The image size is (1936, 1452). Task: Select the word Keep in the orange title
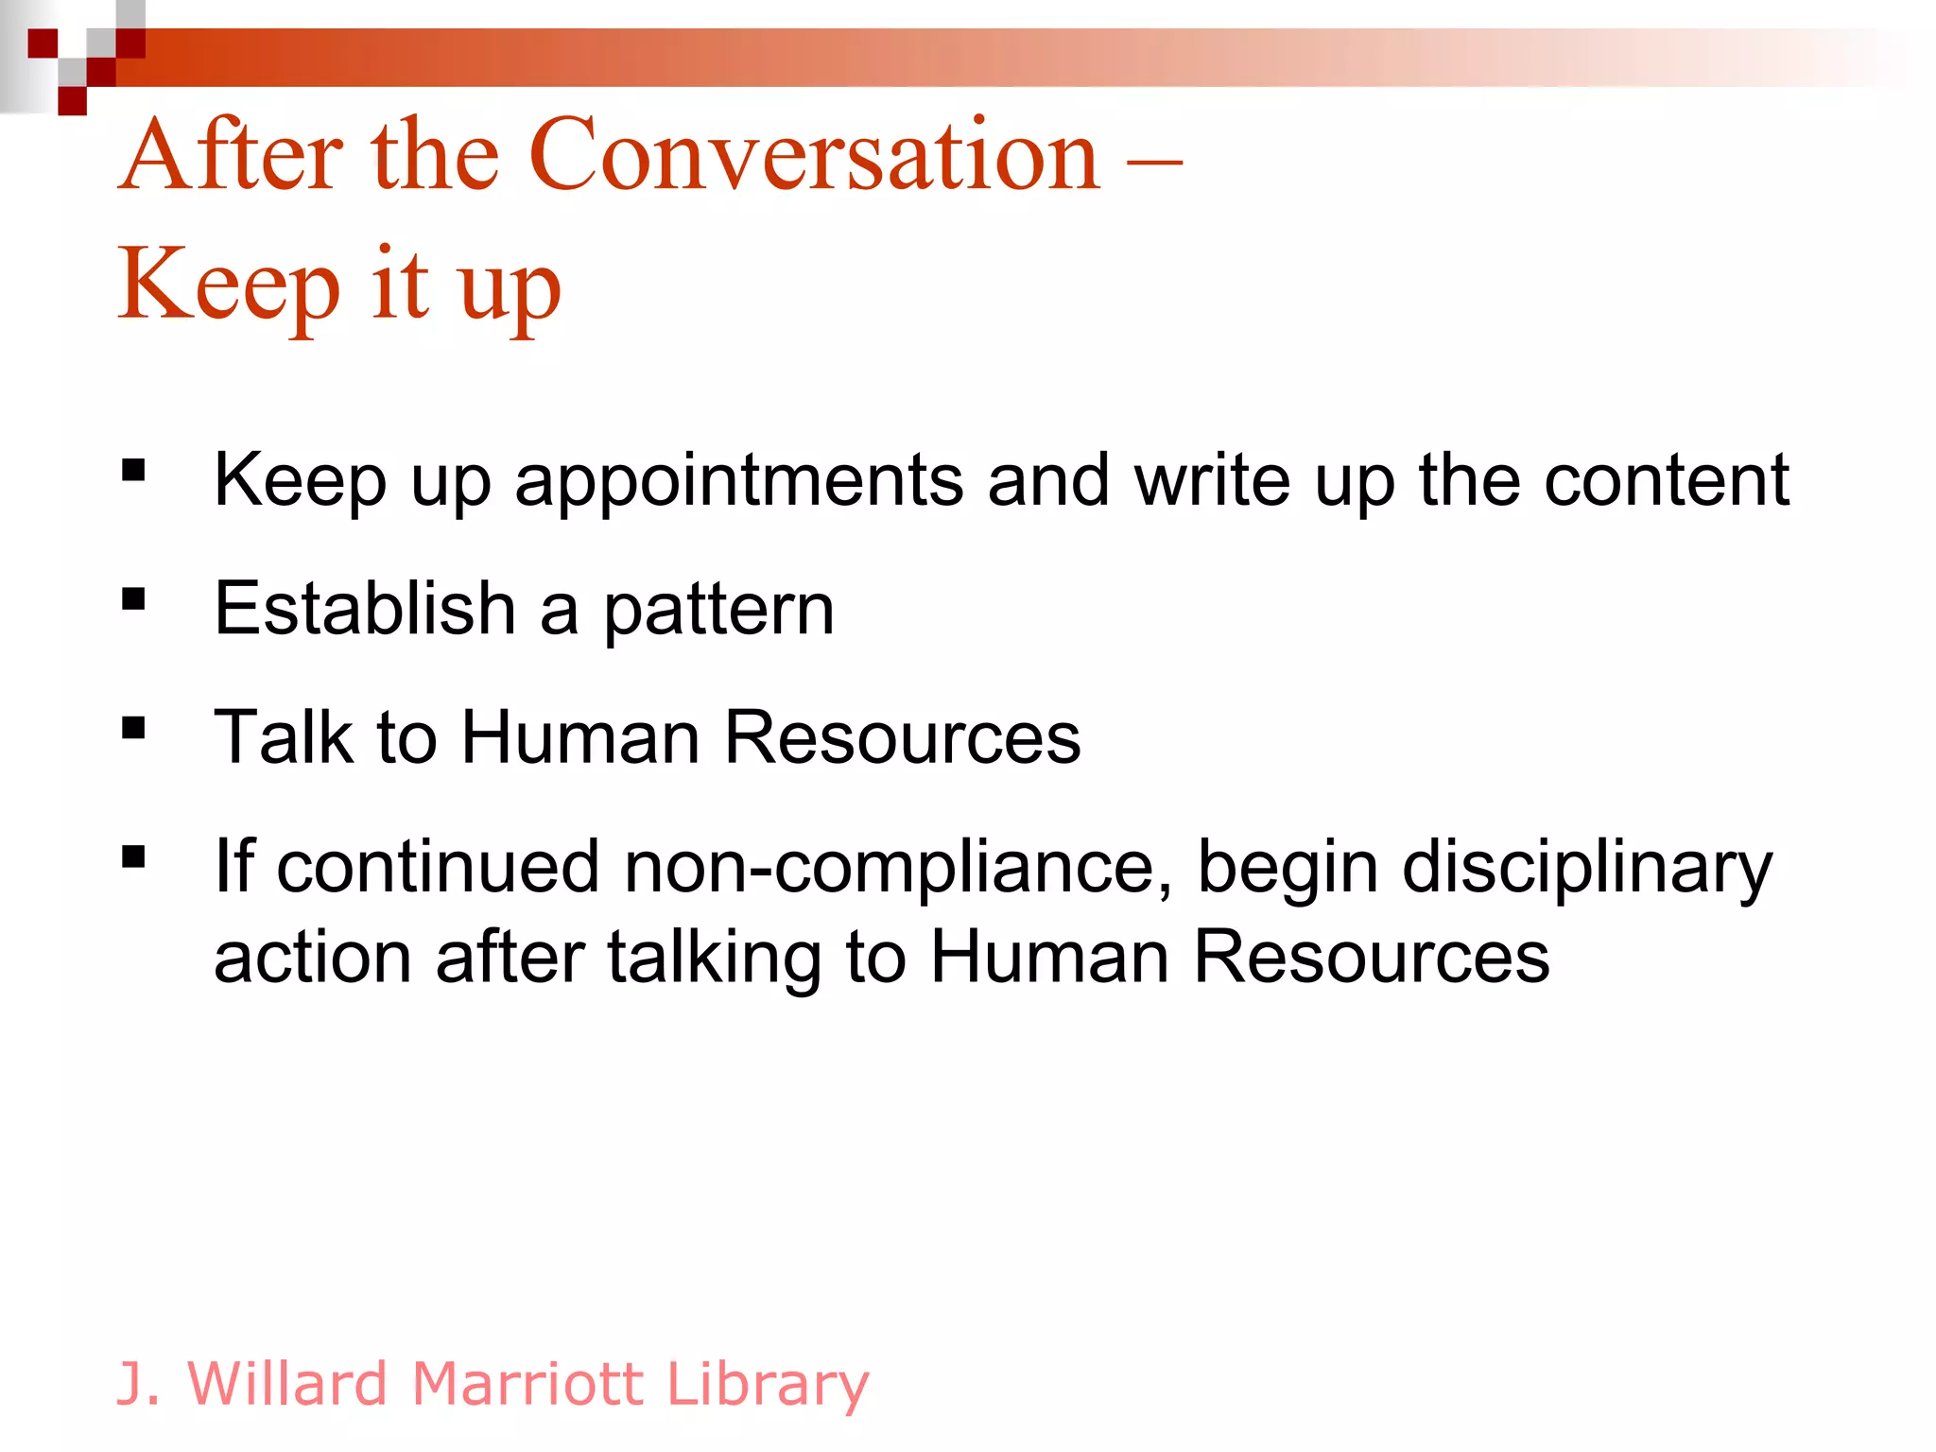228,284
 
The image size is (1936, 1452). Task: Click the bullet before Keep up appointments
133,471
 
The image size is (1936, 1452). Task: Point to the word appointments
739,481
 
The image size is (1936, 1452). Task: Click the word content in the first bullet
1666,481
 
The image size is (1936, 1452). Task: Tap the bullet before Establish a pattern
133,599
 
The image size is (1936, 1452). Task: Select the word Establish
365,609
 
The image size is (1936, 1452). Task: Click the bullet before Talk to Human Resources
133,728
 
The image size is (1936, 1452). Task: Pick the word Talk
284,737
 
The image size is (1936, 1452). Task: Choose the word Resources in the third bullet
902,737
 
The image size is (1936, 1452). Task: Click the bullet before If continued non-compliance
133,856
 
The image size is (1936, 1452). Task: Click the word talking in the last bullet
715,958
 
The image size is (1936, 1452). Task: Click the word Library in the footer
767,1384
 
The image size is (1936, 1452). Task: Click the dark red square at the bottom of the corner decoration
73,100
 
